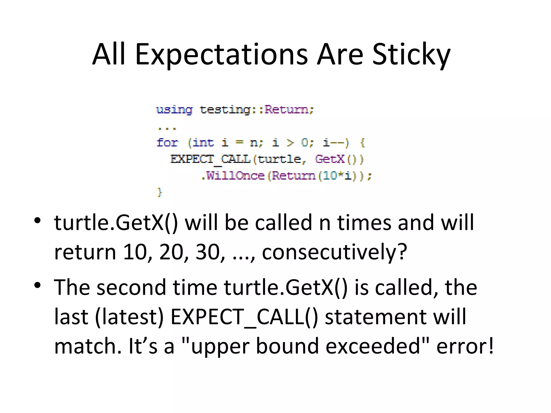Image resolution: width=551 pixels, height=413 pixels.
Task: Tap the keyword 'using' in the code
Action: click(174, 110)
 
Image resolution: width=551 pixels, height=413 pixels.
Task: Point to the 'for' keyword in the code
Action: click(167, 143)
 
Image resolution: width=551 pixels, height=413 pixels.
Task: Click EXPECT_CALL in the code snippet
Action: click(211, 159)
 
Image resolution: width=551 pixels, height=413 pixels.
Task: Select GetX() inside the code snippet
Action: click(339, 159)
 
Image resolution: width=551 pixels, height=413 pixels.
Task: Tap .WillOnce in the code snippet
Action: click(233, 176)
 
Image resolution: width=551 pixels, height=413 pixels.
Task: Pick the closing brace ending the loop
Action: click(160, 192)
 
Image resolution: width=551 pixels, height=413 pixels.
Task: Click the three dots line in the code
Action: click(167, 129)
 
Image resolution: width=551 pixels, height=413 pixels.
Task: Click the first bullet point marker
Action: click(37, 221)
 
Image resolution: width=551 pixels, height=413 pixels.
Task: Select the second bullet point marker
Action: click(37, 285)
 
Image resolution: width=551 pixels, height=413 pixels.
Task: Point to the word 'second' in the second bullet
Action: click(131, 287)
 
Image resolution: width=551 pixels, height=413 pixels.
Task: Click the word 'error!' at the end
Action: click(465, 346)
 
